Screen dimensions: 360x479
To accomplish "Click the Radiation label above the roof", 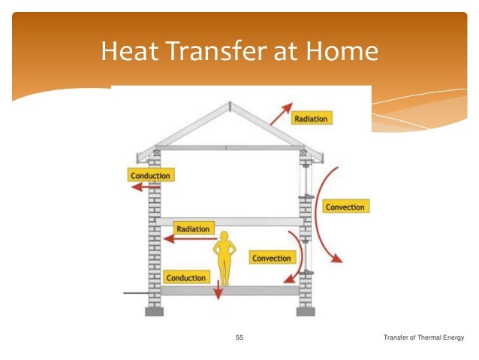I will [x=311, y=118].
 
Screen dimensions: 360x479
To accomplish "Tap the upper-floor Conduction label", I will [x=150, y=176].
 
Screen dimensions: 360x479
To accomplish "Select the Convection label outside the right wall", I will [x=345, y=207].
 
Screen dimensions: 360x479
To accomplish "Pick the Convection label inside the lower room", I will [x=271, y=258].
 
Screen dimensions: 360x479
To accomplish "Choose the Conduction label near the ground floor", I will [x=185, y=277].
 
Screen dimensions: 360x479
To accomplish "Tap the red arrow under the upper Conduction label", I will [x=139, y=189].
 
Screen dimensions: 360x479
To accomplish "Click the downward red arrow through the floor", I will [x=218, y=288].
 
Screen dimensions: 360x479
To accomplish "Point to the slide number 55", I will [x=239, y=337].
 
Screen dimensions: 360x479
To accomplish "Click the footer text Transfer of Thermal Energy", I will [x=423, y=337].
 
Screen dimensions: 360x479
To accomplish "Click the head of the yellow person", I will [x=223, y=237].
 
